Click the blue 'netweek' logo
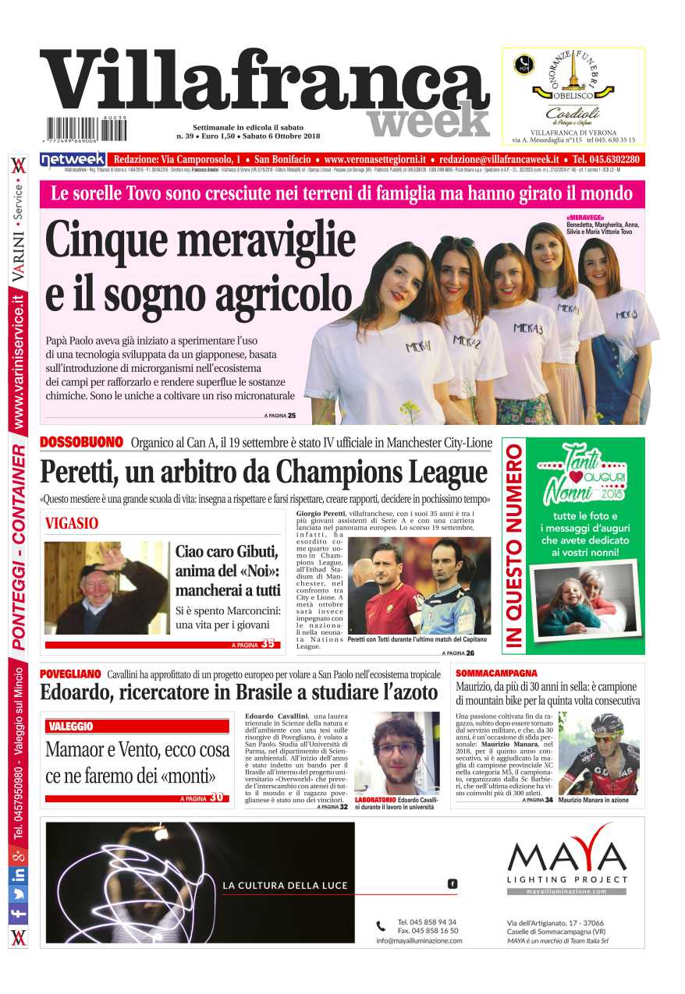pos(73,159)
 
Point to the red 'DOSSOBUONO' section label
pos(81,443)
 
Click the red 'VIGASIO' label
pos(72,524)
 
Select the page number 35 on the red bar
pos(268,644)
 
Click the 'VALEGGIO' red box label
pos(71,727)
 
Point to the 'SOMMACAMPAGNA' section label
pos(496,672)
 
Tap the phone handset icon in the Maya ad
pos(381,926)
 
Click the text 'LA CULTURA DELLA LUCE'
pos(285,886)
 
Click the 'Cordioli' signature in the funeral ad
pos(573,112)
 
